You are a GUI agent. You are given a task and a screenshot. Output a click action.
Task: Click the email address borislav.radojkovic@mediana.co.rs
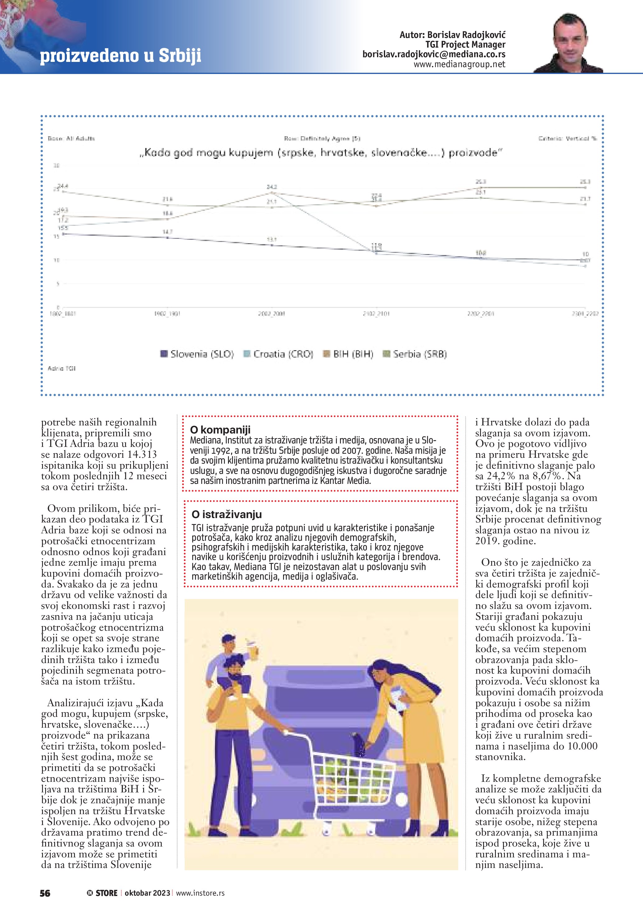tap(434, 55)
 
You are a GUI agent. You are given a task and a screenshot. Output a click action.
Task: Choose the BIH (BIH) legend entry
tap(348, 354)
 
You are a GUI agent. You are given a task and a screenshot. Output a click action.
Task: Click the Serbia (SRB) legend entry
tap(415, 354)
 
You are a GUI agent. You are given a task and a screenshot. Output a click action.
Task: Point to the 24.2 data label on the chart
tap(272, 187)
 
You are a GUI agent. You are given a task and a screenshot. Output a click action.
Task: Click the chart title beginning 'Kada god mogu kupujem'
tap(321, 152)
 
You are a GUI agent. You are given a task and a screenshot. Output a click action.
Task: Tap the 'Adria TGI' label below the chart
tap(61, 368)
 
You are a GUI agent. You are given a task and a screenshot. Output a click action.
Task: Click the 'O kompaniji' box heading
tap(220, 429)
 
